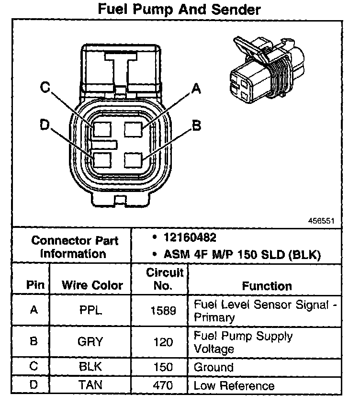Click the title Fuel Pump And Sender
click(x=180, y=9)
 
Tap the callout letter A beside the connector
click(x=195, y=88)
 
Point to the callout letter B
click(x=196, y=125)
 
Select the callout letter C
click(x=45, y=88)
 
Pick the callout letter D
click(x=45, y=125)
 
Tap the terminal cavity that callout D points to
click(x=103, y=159)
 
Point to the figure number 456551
click(x=322, y=221)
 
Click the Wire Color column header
click(x=92, y=285)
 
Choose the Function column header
click(x=267, y=286)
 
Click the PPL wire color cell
click(x=90, y=310)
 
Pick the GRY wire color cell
click(x=90, y=342)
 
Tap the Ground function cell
click(x=214, y=368)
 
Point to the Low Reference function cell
click(x=234, y=385)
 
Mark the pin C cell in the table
click(x=34, y=367)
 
